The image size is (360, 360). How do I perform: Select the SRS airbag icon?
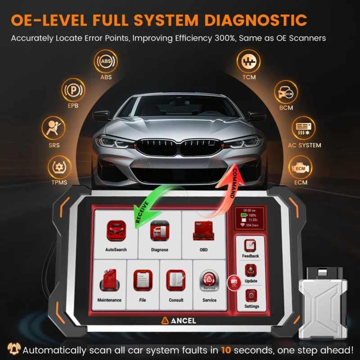54,128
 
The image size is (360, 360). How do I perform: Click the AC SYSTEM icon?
304,129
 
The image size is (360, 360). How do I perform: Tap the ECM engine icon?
300,167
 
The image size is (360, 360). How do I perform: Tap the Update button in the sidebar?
251,273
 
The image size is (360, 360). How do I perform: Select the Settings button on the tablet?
251,298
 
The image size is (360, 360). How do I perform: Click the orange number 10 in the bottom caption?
226,349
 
